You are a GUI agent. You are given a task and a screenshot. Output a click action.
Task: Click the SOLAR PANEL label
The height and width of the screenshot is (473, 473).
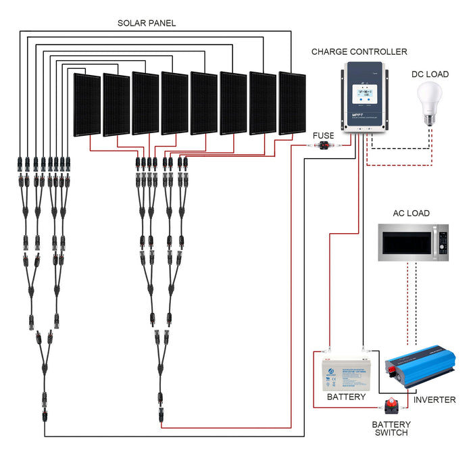[147, 23]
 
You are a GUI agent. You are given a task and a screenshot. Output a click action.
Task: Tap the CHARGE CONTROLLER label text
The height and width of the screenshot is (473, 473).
[359, 51]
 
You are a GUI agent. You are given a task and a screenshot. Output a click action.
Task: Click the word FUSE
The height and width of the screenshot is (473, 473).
[323, 135]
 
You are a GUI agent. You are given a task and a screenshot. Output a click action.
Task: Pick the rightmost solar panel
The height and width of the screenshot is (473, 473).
[292, 103]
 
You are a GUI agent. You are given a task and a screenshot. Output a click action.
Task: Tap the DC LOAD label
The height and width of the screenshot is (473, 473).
[430, 74]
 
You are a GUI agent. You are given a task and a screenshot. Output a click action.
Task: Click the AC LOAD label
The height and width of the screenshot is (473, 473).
[411, 214]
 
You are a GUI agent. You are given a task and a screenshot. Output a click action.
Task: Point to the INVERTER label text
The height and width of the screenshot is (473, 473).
[434, 400]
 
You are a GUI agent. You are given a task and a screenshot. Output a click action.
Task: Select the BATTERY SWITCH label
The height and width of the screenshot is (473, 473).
[390, 428]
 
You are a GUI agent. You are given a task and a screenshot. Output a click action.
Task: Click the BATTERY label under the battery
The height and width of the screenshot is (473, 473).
[346, 397]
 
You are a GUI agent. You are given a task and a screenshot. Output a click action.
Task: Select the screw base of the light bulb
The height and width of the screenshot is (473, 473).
[430, 119]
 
